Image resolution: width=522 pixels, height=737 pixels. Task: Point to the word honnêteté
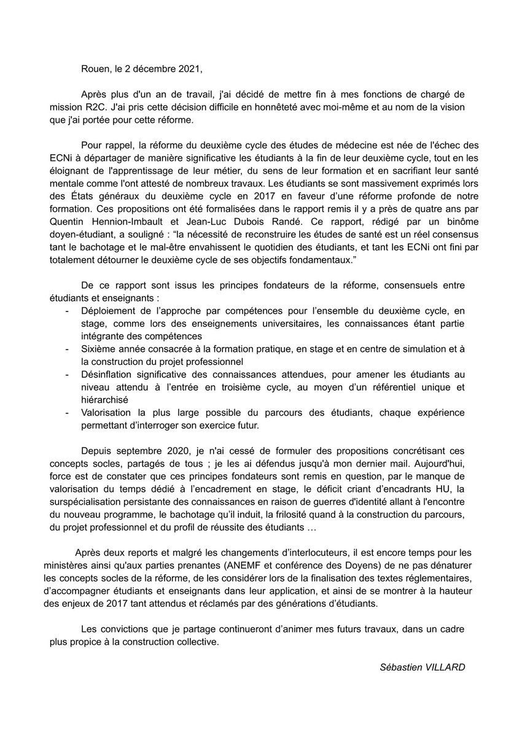point(282,107)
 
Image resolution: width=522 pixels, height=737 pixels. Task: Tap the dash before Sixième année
point(67,348)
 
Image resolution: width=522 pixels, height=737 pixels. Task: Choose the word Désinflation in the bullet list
point(110,373)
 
